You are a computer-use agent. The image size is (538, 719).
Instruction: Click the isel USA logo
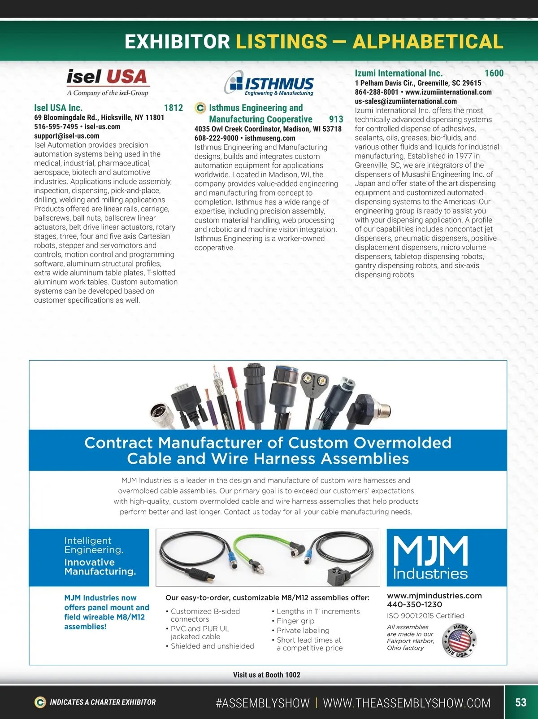pos(107,82)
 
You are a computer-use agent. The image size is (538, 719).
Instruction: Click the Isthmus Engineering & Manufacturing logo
pos(269,83)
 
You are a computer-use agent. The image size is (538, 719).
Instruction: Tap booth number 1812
pos(174,108)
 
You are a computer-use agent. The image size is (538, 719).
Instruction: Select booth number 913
pos(336,119)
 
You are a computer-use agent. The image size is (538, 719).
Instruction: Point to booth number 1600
pos(494,73)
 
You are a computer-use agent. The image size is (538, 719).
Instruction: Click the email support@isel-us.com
pos(67,136)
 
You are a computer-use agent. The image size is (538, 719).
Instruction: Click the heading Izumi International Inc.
pos(399,73)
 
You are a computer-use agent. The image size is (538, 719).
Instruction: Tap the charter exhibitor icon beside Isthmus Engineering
pos(200,108)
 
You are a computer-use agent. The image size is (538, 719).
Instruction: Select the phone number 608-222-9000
pos(216,138)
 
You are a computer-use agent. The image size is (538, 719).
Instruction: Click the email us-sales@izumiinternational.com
pos(406,101)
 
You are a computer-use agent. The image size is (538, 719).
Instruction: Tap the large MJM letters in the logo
pos(430,551)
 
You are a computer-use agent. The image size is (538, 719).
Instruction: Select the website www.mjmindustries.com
pos(434,596)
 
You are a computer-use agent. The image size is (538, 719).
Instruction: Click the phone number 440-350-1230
pos(414,604)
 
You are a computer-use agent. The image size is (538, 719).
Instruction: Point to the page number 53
pos(521,702)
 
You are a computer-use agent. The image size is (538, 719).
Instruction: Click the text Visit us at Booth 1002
pos(267,675)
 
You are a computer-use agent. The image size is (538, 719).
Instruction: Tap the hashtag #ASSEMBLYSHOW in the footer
pos(263,703)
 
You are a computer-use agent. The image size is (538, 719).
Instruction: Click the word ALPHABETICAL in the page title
pos(428,42)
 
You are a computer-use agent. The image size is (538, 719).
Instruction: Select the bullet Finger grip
pos(295,621)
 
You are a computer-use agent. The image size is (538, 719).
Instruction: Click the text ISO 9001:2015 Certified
pos(425,616)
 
